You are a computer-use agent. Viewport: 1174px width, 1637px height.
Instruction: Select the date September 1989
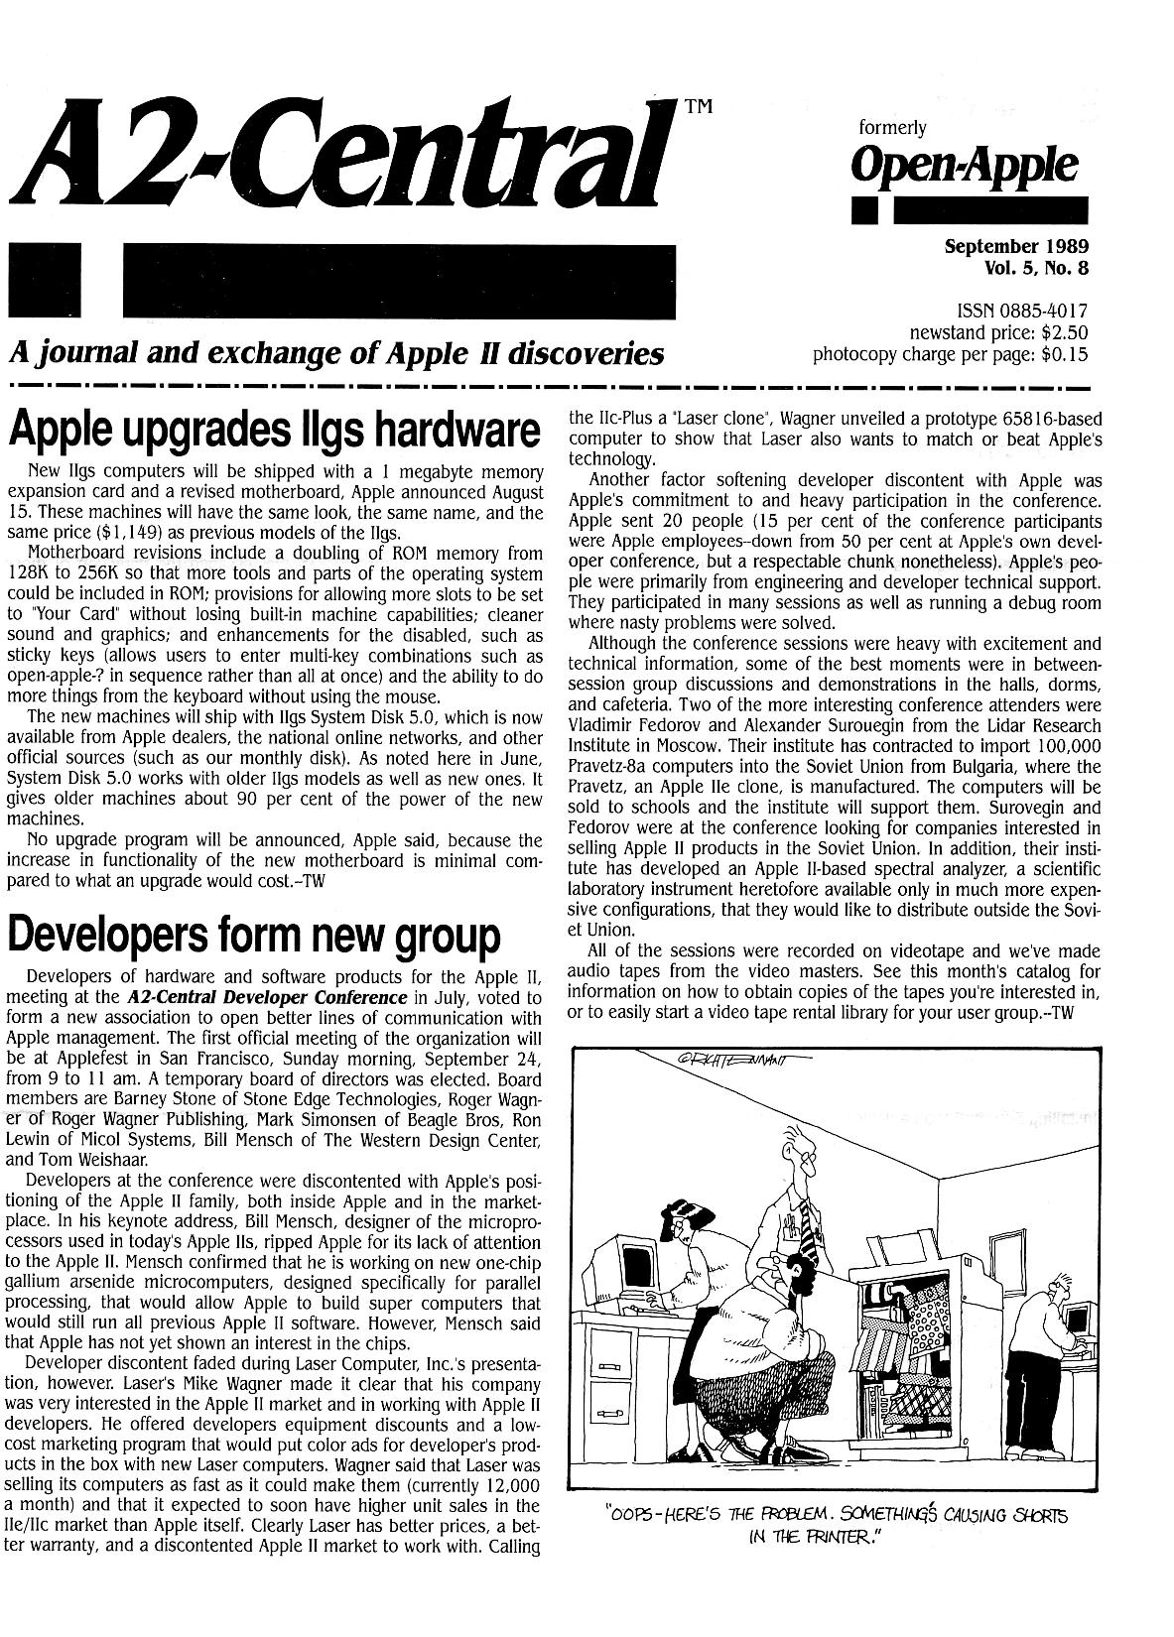1016,244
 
